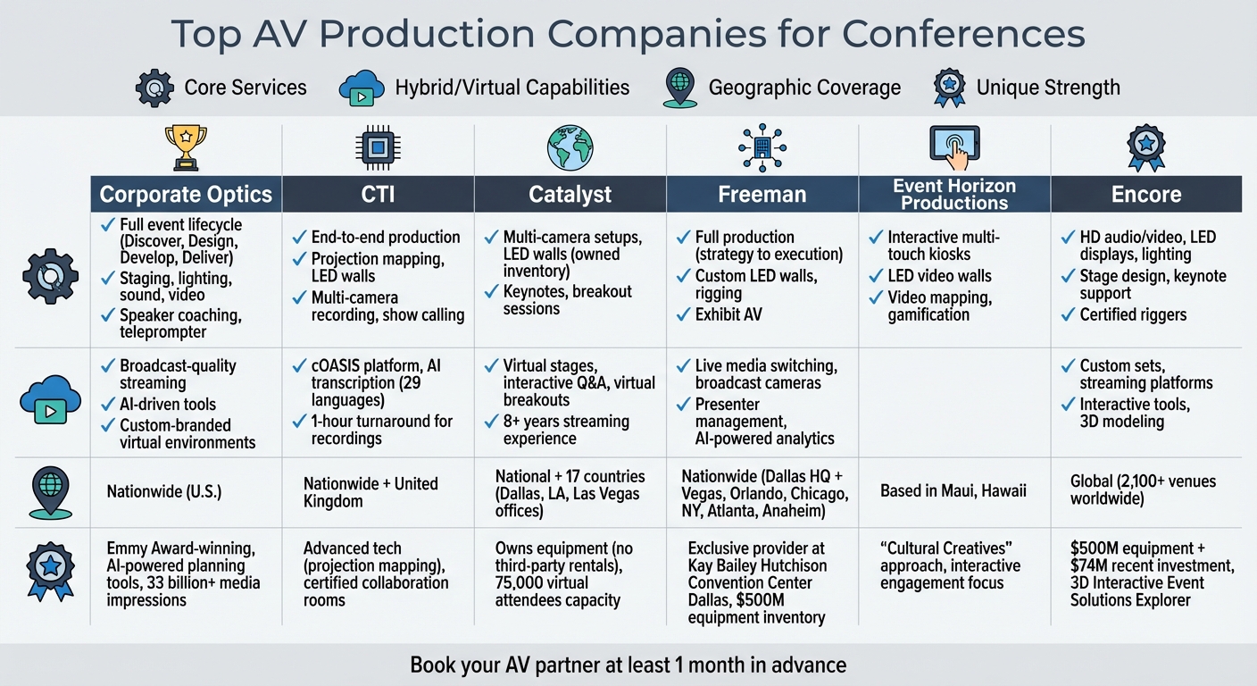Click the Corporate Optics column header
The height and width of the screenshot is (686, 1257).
pyautogui.click(x=186, y=194)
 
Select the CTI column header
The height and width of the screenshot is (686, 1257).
pyautogui.click(x=378, y=194)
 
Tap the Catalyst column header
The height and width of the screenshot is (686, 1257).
pyautogui.click(x=570, y=194)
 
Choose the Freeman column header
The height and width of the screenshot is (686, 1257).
pyautogui.click(x=762, y=194)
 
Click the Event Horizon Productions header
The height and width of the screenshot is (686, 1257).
pyautogui.click(x=954, y=194)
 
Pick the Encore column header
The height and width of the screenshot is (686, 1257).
pyautogui.click(x=1145, y=194)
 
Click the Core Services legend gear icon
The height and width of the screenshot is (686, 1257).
pyautogui.click(x=154, y=88)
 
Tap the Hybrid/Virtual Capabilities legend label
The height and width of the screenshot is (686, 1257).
pyautogui.click(x=512, y=88)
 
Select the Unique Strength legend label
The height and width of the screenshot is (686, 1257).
pyautogui.click(x=1048, y=88)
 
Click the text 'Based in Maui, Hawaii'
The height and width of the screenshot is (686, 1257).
pyautogui.click(x=952, y=490)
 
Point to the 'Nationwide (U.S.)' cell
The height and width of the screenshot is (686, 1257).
pyautogui.click(x=164, y=491)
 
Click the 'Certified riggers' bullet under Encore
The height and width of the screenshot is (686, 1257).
pyautogui.click(x=1133, y=314)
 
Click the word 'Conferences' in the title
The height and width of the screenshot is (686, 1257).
pyautogui.click(x=963, y=34)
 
